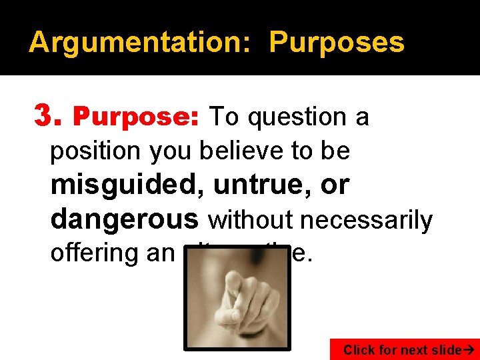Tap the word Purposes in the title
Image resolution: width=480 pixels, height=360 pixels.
tap(337, 43)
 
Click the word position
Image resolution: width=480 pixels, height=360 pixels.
tap(96, 151)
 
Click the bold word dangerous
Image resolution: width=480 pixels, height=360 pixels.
tap(125, 218)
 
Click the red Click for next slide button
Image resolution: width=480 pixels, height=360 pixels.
tap(405, 349)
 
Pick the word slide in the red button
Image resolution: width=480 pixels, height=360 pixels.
tap(445, 349)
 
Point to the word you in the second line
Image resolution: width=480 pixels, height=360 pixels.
tap(170, 151)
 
